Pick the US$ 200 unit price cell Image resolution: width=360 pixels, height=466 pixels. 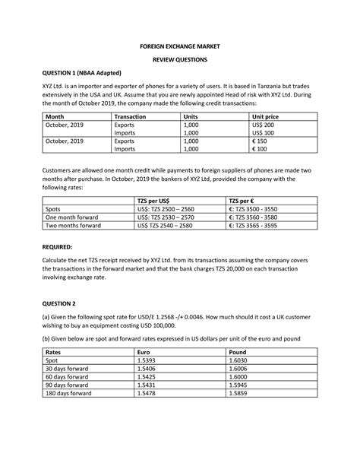tap(264, 124)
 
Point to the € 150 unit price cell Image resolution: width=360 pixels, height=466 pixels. tap(261, 141)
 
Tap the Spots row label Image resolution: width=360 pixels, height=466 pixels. tap(54, 208)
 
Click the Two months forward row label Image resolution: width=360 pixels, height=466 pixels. tap(74, 225)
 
